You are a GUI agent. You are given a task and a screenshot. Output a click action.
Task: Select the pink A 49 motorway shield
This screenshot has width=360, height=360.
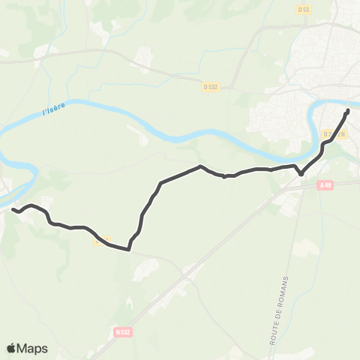324,185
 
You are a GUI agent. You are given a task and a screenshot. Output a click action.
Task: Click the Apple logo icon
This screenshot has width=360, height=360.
12,348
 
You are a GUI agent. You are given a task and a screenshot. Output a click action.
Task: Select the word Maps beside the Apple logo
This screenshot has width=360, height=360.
33,348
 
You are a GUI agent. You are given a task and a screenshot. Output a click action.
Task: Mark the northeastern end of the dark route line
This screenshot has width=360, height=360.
348,112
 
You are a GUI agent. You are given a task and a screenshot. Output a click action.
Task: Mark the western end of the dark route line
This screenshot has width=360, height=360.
13,211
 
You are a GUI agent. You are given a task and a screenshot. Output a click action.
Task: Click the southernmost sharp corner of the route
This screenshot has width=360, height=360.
129,250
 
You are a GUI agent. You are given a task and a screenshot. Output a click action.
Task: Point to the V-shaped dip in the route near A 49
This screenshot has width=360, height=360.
301,174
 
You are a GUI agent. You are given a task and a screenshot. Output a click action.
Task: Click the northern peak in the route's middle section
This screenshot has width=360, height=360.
200,166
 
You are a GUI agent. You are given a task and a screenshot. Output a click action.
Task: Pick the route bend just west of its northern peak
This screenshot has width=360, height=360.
161,182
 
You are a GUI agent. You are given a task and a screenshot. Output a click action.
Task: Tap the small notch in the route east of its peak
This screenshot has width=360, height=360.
224,178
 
